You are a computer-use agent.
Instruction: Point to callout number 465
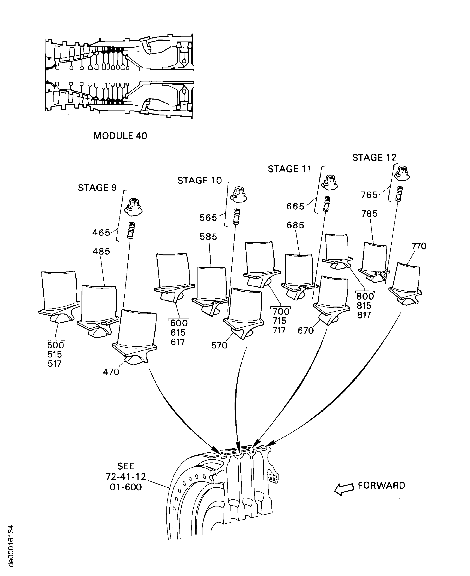(101, 232)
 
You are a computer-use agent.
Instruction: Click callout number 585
(208, 237)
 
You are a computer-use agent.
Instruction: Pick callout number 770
(419, 246)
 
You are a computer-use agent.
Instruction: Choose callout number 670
(306, 331)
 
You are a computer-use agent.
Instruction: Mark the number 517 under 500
(55, 364)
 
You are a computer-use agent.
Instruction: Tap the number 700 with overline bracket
(281, 311)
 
